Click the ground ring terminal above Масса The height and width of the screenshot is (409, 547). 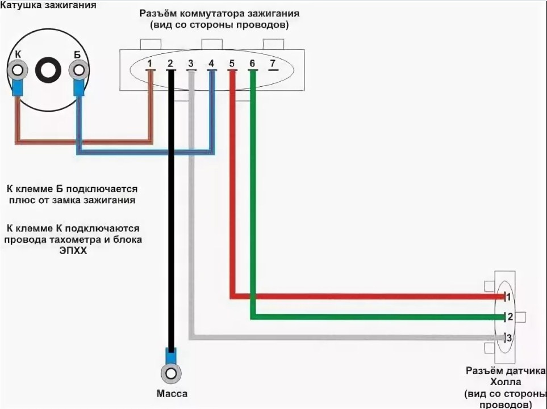tap(171, 374)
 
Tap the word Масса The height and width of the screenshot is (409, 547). tap(172, 394)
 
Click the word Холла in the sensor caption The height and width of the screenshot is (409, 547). tap(506, 381)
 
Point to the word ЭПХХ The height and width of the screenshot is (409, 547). tap(73, 251)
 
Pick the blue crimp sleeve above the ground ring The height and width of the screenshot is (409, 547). tap(171, 356)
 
